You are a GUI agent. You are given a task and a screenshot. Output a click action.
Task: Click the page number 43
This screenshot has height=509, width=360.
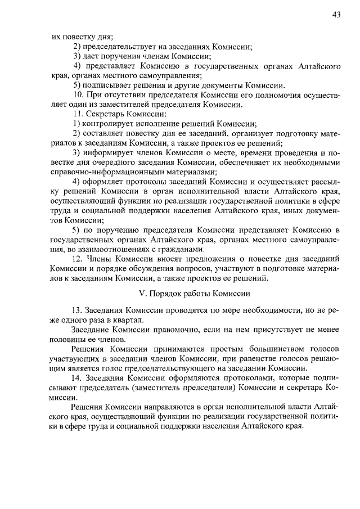click(x=336, y=16)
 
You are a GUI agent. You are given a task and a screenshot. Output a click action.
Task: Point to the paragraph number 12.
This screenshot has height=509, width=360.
click(x=78, y=259)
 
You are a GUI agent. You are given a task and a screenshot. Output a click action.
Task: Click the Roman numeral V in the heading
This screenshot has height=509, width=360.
click(x=141, y=294)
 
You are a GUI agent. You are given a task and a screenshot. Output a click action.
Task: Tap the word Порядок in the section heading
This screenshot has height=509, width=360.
click(x=164, y=294)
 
